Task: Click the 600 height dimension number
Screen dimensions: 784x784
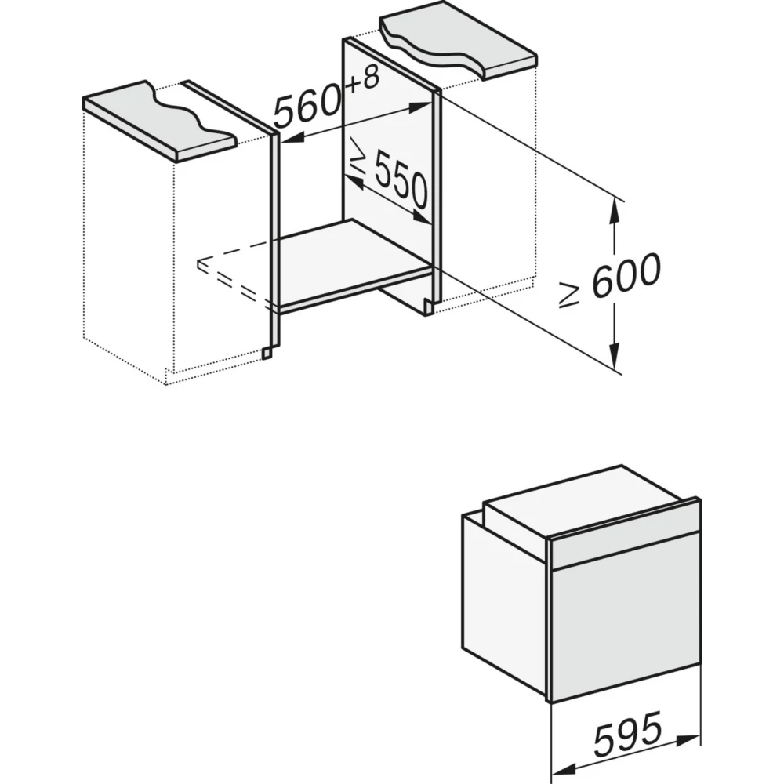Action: (626, 277)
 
